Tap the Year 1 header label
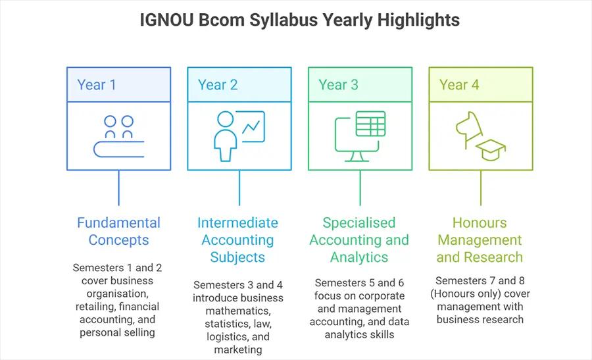point(97,85)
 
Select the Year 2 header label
point(218,85)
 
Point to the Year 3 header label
point(338,85)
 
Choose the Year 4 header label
point(459,85)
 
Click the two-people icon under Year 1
point(119,136)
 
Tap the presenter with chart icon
point(239,136)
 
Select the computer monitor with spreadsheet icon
point(360,136)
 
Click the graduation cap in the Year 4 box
point(491,150)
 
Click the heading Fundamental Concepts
point(118,231)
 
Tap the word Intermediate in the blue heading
point(238,222)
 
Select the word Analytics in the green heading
point(359,257)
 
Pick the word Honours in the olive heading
point(480,222)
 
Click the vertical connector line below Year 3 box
point(360,188)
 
